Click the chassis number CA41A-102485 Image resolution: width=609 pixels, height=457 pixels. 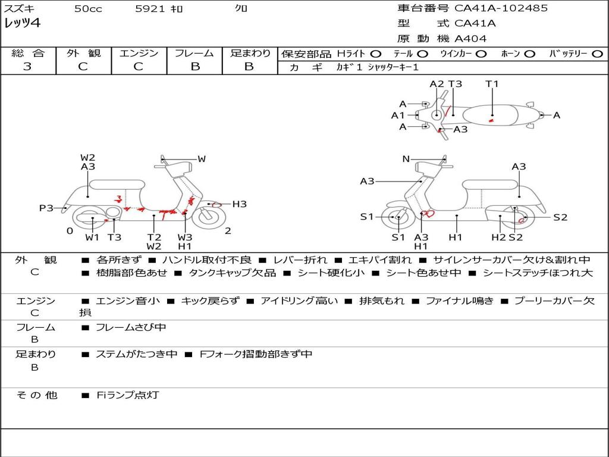click(501, 8)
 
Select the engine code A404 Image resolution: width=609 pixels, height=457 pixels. click(470, 39)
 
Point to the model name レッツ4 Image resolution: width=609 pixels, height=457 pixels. click(22, 24)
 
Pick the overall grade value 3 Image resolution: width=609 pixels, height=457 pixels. click(27, 67)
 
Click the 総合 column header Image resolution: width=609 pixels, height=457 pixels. click(28, 54)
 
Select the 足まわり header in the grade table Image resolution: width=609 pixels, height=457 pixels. click(250, 54)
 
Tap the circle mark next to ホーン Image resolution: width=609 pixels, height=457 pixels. click(529, 54)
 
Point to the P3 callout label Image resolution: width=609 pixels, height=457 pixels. click(46, 208)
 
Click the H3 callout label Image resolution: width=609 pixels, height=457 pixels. click(239, 204)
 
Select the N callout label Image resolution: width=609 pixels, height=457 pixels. click(406, 159)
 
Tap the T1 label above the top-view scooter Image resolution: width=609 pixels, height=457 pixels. click(492, 84)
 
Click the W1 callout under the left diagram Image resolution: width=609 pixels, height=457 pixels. click(92, 237)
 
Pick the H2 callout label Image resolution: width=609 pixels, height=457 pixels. click(498, 237)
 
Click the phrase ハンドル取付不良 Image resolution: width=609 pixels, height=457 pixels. click(206, 260)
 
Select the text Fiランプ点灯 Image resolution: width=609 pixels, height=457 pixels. click(127, 395)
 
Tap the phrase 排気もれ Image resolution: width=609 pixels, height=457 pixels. click(382, 301)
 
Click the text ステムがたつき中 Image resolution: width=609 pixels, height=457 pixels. click(136, 354)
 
